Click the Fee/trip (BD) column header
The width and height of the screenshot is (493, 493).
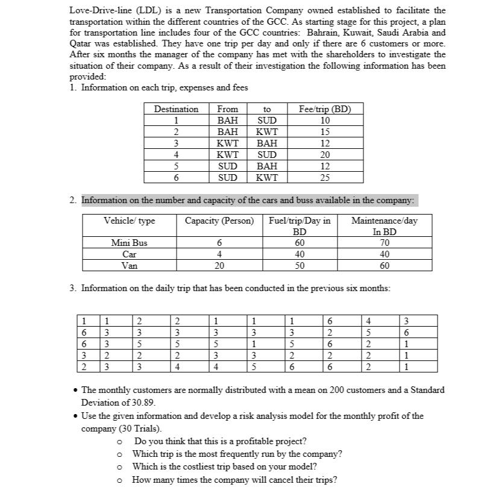(x=324, y=109)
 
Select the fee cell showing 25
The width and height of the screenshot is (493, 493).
(x=324, y=177)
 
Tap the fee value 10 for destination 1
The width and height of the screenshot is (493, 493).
(x=324, y=121)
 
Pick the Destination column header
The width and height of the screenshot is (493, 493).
(x=176, y=109)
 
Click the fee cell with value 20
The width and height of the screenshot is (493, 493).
(x=324, y=154)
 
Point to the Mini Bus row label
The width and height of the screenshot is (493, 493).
(x=129, y=243)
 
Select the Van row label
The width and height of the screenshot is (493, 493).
(x=129, y=265)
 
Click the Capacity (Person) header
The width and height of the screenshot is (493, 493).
(x=219, y=221)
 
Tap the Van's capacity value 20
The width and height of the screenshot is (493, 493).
(x=219, y=265)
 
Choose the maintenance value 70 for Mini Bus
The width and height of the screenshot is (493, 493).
(x=385, y=243)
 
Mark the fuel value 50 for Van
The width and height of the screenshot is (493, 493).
(x=299, y=265)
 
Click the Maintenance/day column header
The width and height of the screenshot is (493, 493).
(x=385, y=221)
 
